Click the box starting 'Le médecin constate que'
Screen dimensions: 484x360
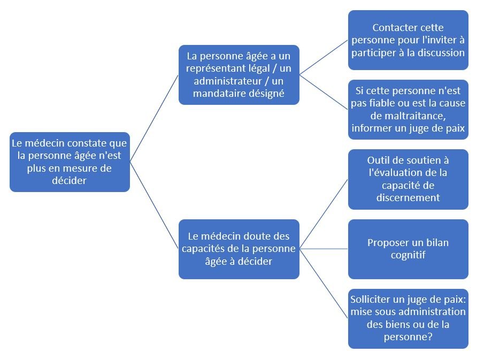point(70,162)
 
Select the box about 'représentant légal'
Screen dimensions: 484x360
point(239,75)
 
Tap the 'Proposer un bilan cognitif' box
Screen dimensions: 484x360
point(408,249)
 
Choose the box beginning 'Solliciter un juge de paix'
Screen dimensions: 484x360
point(408,319)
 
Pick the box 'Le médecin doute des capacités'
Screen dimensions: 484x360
point(239,249)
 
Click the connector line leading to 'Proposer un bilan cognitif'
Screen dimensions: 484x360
point(324,249)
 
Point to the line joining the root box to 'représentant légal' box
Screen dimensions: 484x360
point(155,118)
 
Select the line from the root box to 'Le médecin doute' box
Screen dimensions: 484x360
point(155,205)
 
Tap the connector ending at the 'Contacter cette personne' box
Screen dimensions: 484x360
point(324,57)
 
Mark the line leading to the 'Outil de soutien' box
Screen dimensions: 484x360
point(324,214)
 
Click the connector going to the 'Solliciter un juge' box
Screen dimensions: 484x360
point(324,284)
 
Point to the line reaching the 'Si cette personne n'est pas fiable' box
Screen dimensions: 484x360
point(324,92)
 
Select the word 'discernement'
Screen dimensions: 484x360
point(408,197)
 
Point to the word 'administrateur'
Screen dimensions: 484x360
point(228,81)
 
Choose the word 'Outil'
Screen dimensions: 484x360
point(377,160)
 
